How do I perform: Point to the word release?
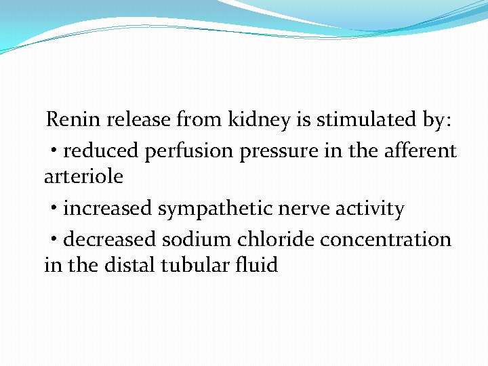click(139, 120)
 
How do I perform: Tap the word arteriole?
click(83, 176)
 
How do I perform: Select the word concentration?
click(386, 239)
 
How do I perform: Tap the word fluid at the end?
click(258, 265)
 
